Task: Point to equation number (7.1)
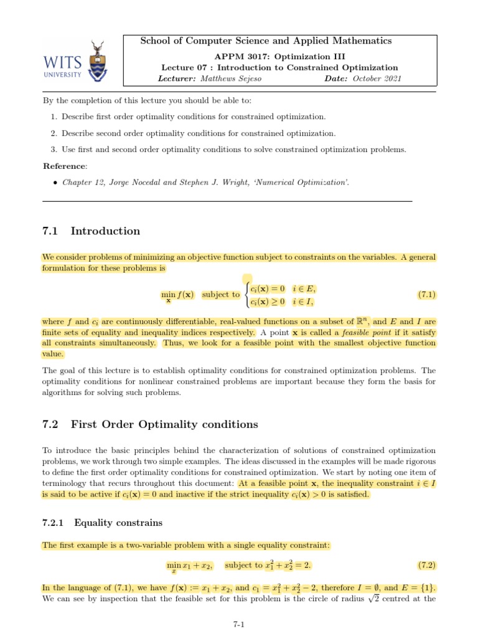click(426, 293)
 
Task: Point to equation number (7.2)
click(426, 566)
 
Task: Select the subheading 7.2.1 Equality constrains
click(103, 522)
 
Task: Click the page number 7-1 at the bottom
click(239, 622)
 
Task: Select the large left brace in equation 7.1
click(246, 295)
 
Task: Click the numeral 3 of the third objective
click(50, 149)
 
